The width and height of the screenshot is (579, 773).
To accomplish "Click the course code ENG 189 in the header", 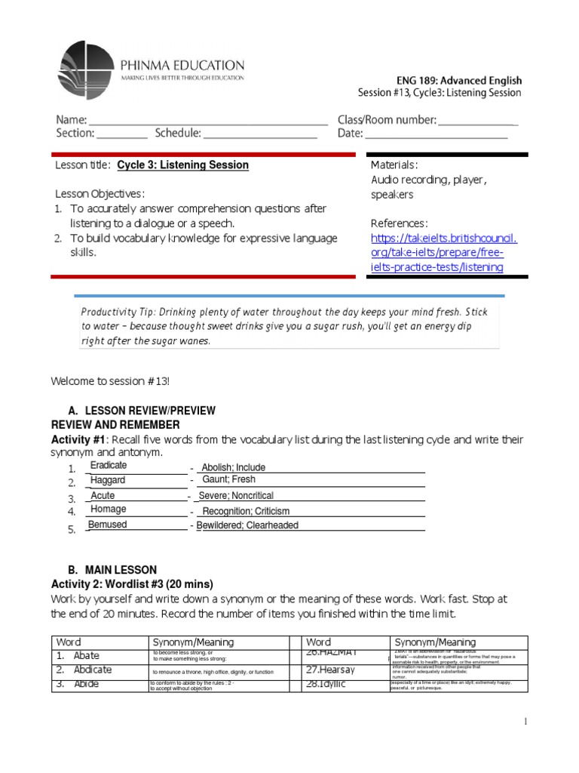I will coord(418,80).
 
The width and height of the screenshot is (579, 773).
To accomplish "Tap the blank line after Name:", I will coord(208,121).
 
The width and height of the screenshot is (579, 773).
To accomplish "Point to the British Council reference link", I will coord(444,252).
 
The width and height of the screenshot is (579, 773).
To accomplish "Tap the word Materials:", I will coord(394,165).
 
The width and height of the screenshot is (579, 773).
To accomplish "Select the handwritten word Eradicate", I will coord(109,466).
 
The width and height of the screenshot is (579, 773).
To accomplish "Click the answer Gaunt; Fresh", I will coord(229,479).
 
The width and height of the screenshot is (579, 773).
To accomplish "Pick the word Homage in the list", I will coord(109,510).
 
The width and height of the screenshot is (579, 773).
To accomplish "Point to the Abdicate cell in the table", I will coord(93,670).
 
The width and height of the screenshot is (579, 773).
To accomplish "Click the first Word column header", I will coord(69,642).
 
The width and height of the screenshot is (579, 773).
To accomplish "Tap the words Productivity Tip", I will coord(114,312).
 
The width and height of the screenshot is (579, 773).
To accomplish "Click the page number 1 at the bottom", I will coord(526,723).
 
